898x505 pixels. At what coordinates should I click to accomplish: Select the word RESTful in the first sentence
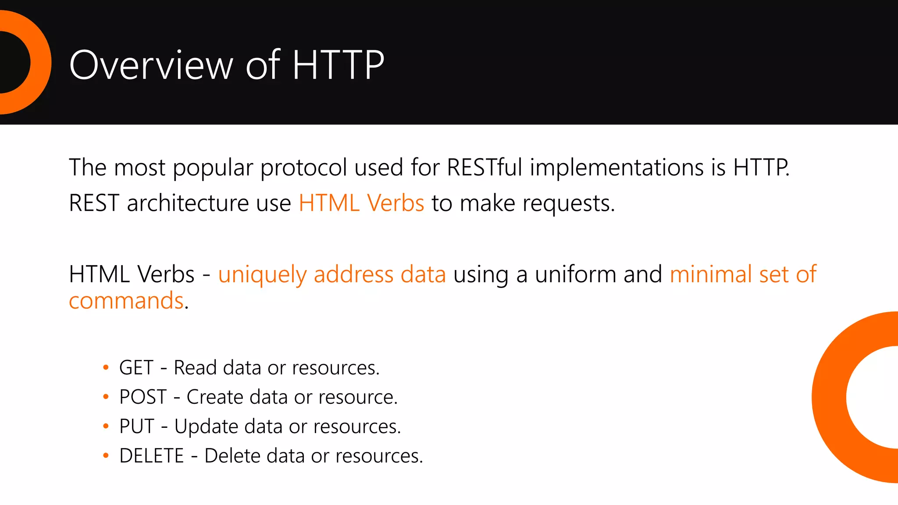click(485, 167)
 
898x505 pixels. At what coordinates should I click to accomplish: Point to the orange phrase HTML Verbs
click(361, 203)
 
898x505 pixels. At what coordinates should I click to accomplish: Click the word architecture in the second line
click(188, 203)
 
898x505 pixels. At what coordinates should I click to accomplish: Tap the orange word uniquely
click(262, 275)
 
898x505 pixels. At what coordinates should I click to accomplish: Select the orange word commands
click(126, 301)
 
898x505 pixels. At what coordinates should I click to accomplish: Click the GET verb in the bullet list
click(136, 368)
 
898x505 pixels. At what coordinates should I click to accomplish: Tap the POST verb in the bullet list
click(143, 397)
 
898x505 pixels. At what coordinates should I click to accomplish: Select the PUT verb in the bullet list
click(137, 427)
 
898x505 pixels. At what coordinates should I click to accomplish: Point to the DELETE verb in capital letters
click(152, 456)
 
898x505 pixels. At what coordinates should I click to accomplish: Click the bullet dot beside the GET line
click(106, 367)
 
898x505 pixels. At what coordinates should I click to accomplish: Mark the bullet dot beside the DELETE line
click(106, 456)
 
